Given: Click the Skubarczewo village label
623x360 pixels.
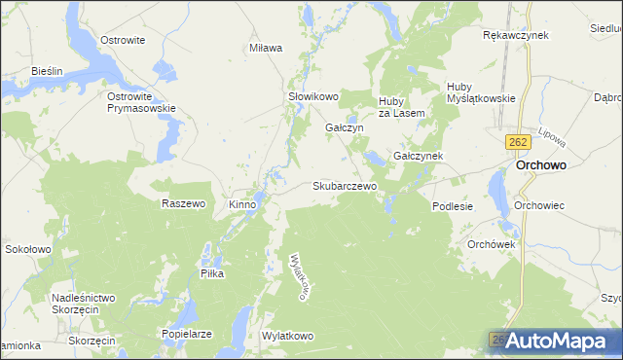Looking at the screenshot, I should tap(345, 185).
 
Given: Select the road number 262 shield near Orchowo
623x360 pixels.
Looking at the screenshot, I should tap(517, 142).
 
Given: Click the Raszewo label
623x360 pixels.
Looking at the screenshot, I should tap(183, 204).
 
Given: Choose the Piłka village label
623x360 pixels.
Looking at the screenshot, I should tap(212, 274).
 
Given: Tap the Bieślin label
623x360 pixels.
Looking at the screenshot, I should tap(47, 71).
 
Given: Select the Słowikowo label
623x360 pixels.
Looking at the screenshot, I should tap(312, 96).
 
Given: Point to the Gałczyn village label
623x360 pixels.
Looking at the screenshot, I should tap(344, 127).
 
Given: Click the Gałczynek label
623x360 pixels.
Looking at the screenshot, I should tap(419, 156).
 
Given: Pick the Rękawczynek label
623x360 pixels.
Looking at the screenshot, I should tap(516, 35).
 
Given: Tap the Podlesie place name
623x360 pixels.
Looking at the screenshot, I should tap(452, 206).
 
